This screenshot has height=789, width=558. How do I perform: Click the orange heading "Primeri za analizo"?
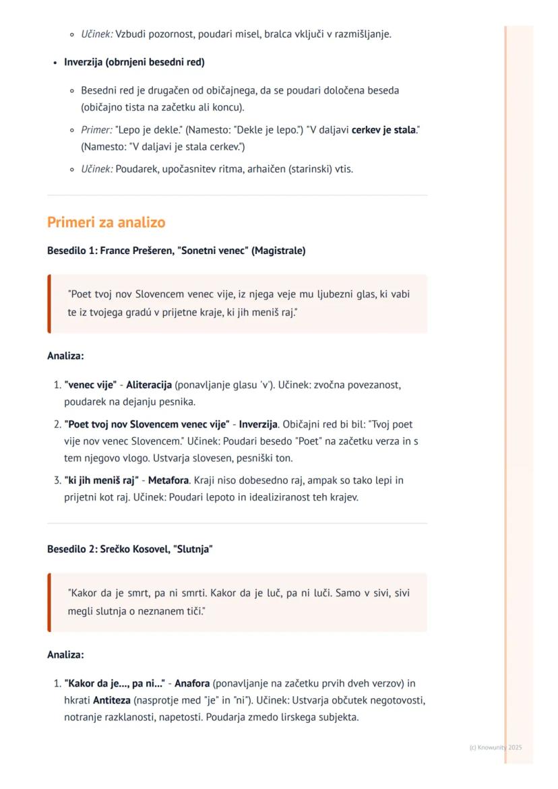(x=106, y=222)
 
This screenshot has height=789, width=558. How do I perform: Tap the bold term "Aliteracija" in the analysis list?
(x=148, y=385)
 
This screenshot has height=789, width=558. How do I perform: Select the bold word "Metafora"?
(x=168, y=480)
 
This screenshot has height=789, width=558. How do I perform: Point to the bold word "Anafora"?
(x=192, y=683)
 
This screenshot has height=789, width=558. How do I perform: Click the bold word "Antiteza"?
(x=112, y=700)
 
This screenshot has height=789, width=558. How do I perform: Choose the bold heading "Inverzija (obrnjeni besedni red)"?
(x=134, y=62)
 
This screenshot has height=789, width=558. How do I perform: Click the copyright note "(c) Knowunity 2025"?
(x=495, y=747)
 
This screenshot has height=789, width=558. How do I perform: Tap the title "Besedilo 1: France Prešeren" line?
(x=176, y=251)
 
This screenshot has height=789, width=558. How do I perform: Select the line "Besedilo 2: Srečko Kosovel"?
(x=129, y=549)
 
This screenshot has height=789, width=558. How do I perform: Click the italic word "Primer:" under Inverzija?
(x=96, y=129)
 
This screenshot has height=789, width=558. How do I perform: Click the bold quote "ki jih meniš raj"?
(x=101, y=480)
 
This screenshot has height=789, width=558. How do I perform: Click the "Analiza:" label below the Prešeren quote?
(x=65, y=356)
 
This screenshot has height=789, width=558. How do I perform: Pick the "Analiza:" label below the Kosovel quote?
(x=65, y=654)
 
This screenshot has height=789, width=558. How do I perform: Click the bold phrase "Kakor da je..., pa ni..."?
(x=115, y=683)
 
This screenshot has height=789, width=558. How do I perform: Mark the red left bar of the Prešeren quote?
(x=49, y=304)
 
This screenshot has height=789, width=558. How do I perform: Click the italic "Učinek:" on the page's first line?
(x=97, y=34)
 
